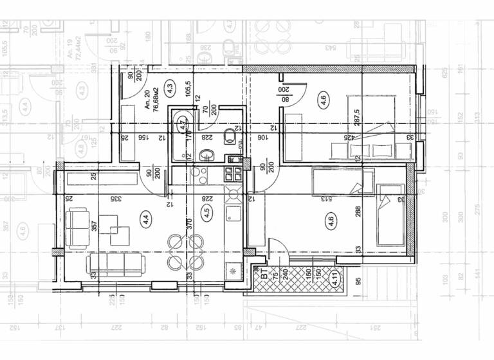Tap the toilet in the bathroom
(x=229, y=136)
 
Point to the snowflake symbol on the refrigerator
(x=231, y=273)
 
